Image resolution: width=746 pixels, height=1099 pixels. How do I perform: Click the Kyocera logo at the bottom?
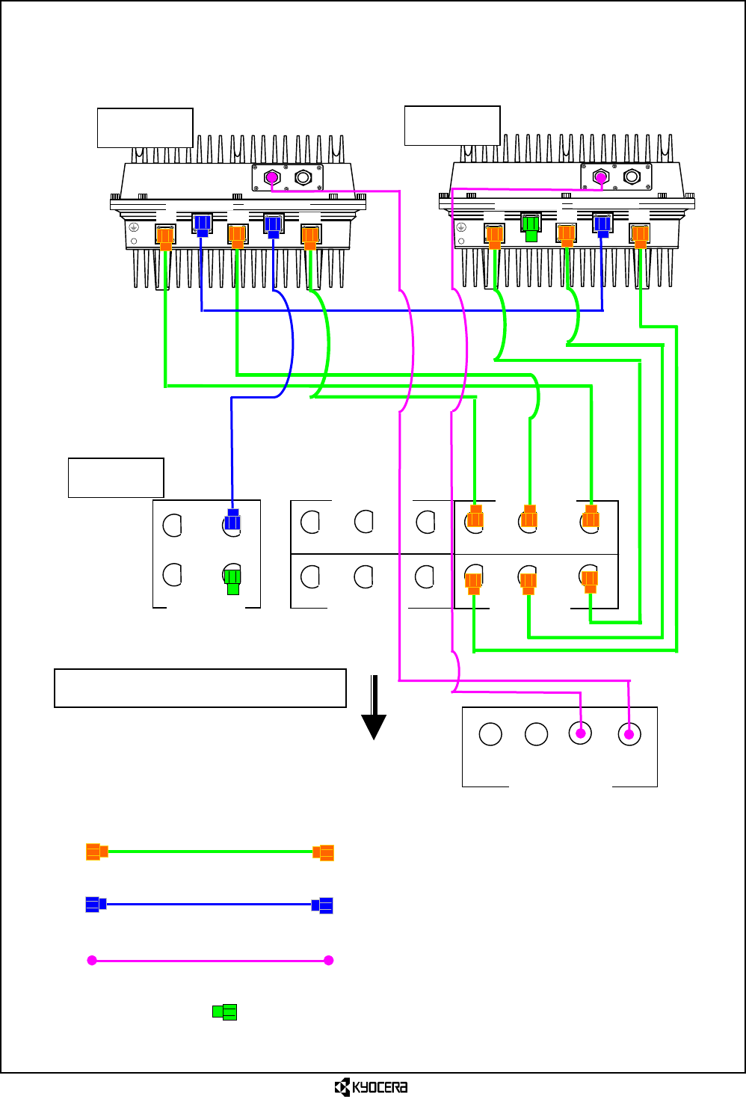[x=371, y=1087]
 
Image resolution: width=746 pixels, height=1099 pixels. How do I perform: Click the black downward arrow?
[x=374, y=707]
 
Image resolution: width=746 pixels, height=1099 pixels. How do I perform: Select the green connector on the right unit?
[x=531, y=228]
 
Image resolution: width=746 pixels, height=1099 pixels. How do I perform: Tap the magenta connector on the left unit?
[x=272, y=177]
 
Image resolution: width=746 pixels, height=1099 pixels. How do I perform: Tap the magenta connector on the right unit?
[x=601, y=178]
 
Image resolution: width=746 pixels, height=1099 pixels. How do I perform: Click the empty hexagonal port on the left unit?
[x=303, y=177]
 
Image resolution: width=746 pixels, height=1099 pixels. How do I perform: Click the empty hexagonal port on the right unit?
[x=632, y=176]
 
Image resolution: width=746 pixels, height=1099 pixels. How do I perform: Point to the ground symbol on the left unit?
[x=134, y=227]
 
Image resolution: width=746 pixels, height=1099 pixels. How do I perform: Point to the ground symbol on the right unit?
[x=461, y=227]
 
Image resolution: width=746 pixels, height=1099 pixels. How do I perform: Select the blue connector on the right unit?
[x=602, y=225]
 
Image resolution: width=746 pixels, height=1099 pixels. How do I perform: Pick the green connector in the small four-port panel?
[x=233, y=582]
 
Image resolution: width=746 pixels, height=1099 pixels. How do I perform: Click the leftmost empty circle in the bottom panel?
[x=490, y=734]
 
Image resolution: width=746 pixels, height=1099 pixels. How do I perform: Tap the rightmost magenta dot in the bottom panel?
[x=629, y=734]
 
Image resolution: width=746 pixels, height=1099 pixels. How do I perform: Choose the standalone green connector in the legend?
[x=225, y=1012]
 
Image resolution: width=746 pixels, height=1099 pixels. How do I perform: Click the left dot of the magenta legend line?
[x=92, y=961]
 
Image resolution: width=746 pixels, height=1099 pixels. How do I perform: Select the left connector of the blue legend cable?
[x=96, y=904]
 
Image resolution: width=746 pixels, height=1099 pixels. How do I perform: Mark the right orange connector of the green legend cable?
[x=324, y=853]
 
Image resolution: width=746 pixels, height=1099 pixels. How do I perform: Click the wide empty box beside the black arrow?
[x=200, y=688]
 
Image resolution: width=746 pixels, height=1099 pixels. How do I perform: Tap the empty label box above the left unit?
[x=145, y=128]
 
